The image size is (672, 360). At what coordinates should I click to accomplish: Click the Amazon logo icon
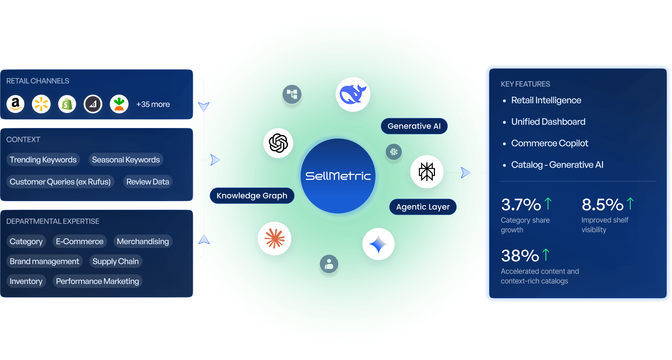[15, 104]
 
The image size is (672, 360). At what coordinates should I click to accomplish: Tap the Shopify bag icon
[67, 104]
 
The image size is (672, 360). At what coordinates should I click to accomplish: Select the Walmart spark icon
[41, 104]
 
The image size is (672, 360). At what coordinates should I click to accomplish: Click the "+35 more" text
[153, 104]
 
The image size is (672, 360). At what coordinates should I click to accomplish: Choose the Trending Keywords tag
[43, 160]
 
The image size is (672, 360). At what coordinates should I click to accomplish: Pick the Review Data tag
[147, 182]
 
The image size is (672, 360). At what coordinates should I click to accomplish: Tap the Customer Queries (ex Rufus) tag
[60, 182]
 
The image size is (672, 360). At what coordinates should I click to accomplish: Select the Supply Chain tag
[115, 261]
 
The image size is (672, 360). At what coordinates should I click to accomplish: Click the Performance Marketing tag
[98, 281]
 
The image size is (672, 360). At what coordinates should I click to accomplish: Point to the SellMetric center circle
[338, 176]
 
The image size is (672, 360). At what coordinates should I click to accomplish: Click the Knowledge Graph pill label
[252, 196]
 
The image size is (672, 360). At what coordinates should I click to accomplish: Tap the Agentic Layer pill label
[423, 207]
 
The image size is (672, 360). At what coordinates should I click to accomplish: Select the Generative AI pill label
[414, 126]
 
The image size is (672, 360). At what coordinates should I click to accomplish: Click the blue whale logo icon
[353, 94]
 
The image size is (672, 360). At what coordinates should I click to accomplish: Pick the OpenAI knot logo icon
[278, 143]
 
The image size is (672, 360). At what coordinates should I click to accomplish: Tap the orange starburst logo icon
[274, 238]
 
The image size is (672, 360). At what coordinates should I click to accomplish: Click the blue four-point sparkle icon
[378, 244]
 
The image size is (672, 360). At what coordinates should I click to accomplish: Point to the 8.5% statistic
[602, 205]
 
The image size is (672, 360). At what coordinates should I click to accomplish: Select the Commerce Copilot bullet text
[550, 143]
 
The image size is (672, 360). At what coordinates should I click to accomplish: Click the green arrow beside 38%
[546, 255]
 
